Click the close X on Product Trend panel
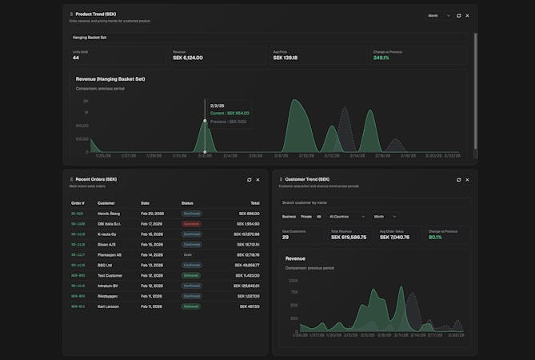click(468, 15)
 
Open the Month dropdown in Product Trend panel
click(438, 15)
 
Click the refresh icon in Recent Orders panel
click(250, 179)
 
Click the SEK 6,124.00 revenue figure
click(188, 58)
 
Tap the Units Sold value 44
click(76, 58)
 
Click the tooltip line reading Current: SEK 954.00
click(230, 113)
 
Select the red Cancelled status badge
click(191, 224)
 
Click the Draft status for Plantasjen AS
click(187, 254)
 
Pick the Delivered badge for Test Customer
click(191, 275)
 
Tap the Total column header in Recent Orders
click(254, 203)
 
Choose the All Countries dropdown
click(347, 216)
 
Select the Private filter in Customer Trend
click(306, 216)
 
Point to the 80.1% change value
click(435, 237)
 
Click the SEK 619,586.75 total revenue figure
click(349, 237)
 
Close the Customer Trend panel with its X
click(469, 179)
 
